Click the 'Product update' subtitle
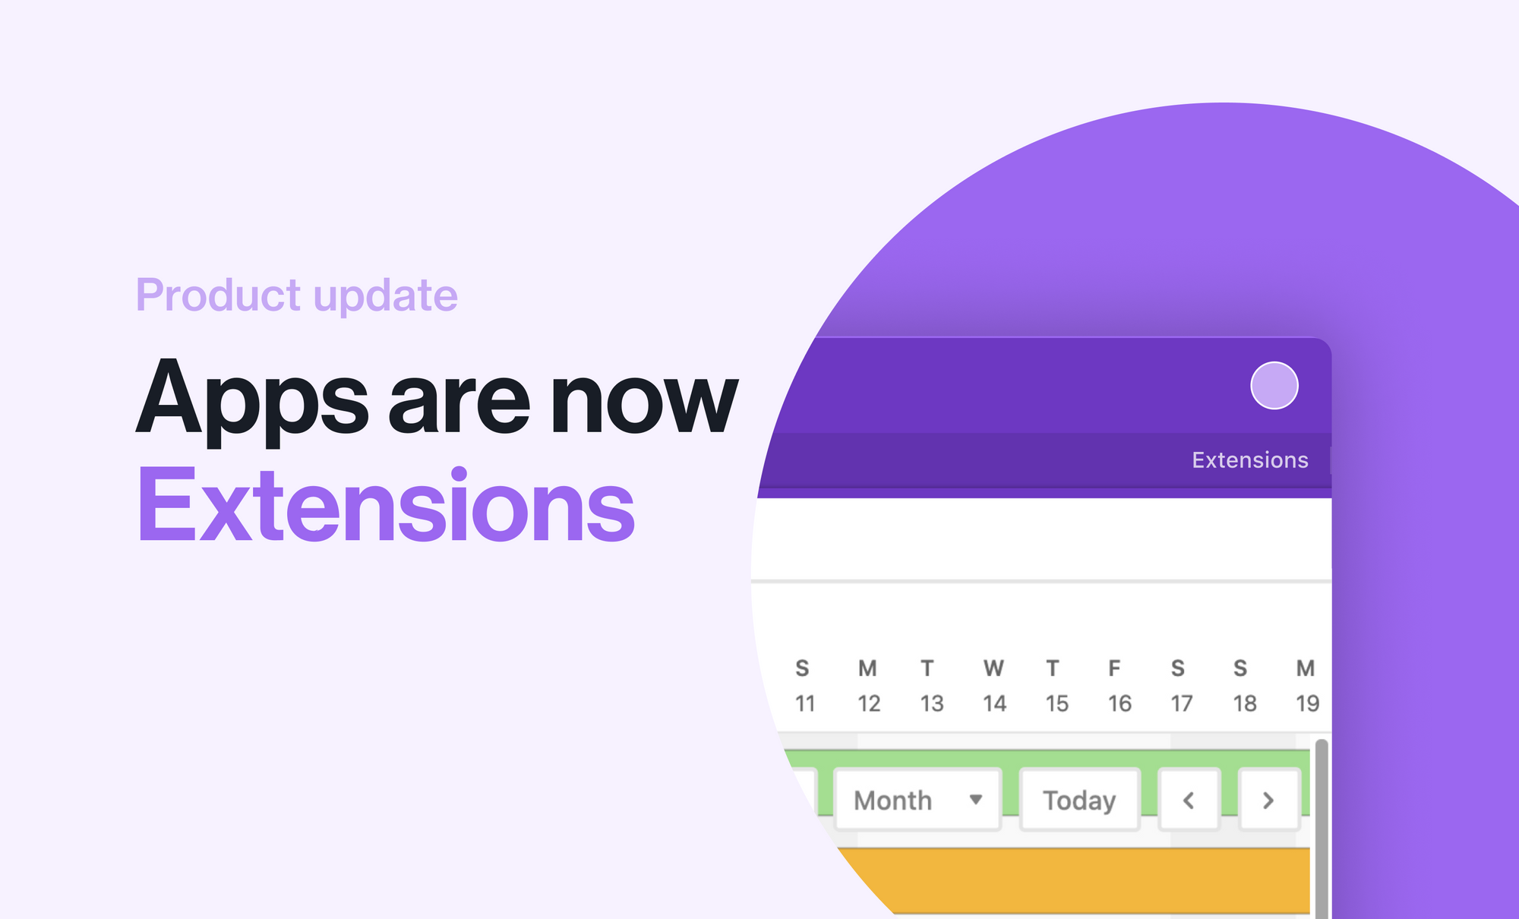coord(296,295)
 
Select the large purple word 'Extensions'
coord(386,506)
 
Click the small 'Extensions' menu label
coord(1249,460)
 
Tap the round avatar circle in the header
coord(1274,386)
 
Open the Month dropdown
coord(917,801)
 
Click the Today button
coord(1079,801)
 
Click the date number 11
coord(805,704)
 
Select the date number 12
coord(869,704)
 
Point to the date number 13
coord(932,704)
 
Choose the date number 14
coord(994,704)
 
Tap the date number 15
coord(1056,704)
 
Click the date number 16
coord(1120,704)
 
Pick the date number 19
coord(1307,704)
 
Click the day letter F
coord(1114,668)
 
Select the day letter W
coord(993,668)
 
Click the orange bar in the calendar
coord(1078,881)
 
